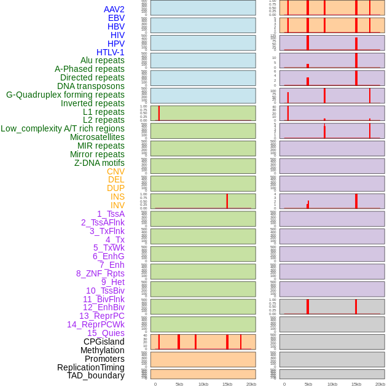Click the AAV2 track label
coord(114,9)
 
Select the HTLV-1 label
coord(111,52)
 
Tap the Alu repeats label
coord(103,60)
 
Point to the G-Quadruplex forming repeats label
coord(65,95)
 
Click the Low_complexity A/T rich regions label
coord(63,128)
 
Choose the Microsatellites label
coord(97,137)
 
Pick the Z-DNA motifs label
coord(100,163)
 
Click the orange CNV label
coord(115,171)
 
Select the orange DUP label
coord(115,188)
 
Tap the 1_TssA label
coord(111,214)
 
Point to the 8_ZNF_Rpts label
coord(100,273)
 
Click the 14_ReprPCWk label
coord(96,324)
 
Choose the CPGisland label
coord(104,342)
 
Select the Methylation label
coord(102,350)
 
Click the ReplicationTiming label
coord(91,367)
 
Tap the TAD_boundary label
coord(96,375)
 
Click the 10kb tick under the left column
coord(203,384)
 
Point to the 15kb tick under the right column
coord(356,384)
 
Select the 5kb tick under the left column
coord(179,384)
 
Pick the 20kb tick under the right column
coord(380,384)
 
